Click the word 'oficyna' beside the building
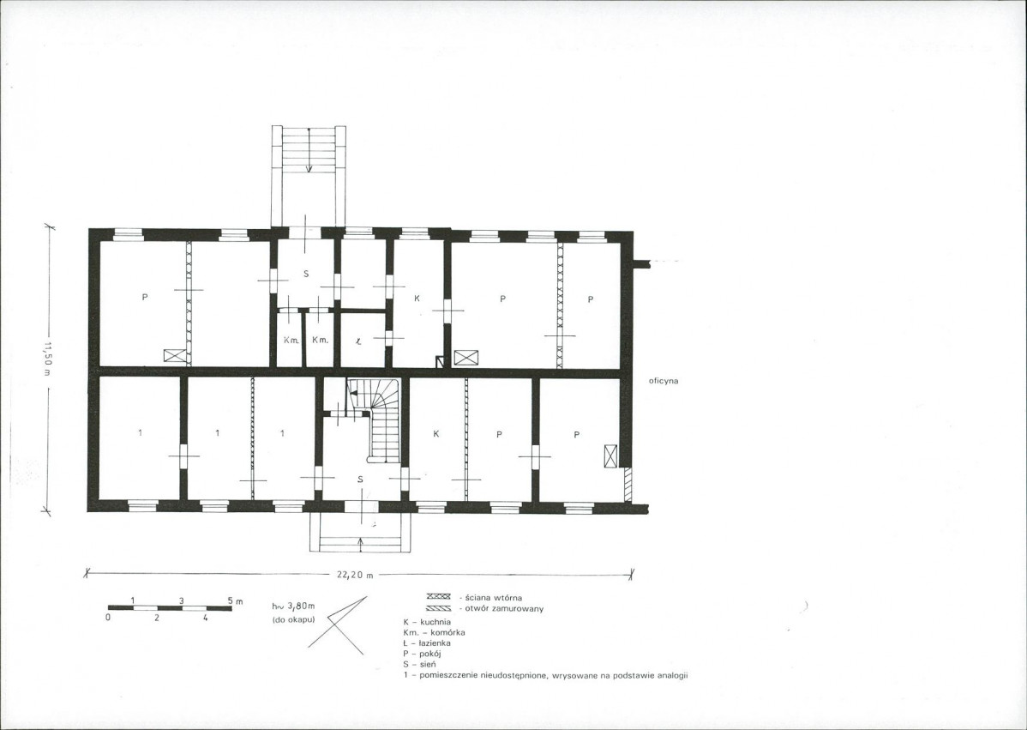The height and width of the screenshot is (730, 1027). [664, 381]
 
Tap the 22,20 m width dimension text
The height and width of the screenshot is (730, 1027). [355, 575]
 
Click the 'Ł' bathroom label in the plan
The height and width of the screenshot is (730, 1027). [358, 341]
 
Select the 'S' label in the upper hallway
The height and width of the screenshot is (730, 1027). [306, 274]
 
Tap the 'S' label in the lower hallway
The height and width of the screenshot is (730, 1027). [360, 480]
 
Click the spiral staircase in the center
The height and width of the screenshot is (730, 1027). [376, 420]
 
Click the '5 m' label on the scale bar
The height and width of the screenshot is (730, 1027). [235, 600]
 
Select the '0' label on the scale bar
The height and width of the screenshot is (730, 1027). [109, 618]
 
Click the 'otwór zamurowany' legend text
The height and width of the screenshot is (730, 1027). [501, 609]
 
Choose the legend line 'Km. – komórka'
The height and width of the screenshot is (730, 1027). [435, 632]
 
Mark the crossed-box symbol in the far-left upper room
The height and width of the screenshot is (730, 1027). [175, 356]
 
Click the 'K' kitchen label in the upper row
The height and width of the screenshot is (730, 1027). [417, 299]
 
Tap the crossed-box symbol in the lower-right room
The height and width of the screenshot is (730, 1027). [610, 455]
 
